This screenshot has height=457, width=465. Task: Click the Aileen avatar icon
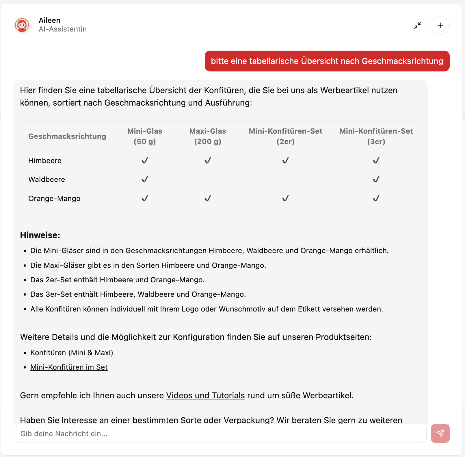(x=22, y=25)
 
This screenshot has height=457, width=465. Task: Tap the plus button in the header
(x=440, y=25)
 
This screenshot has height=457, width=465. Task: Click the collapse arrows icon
(x=417, y=25)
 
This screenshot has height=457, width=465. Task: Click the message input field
(x=220, y=434)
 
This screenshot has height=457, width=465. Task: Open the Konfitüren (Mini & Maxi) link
(x=72, y=353)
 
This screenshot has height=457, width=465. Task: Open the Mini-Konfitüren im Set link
(x=69, y=367)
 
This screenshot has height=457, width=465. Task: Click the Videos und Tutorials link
(x=205, y=395)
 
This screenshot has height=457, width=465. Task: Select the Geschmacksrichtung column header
(x=67, y=136)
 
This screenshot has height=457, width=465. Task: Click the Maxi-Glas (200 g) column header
(x=207, y=136)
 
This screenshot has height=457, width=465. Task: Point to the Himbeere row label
(x=45, y=161)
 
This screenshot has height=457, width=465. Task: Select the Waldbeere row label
(x=46, y=179)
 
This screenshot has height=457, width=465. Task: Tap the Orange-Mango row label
(x=54, y=198)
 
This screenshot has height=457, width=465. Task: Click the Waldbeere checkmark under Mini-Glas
(x=145, y=179)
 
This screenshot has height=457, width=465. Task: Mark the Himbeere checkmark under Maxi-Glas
(x=208, y=161)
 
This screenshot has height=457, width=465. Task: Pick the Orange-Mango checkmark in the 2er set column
(x=285, y=198)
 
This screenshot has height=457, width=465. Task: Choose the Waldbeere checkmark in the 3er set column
(x=376, y=179)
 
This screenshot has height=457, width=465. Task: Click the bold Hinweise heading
(x=40, y=235)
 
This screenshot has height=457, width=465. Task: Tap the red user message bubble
(x=327, y=61)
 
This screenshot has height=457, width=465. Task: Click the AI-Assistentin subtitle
(x=63, y=29)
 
